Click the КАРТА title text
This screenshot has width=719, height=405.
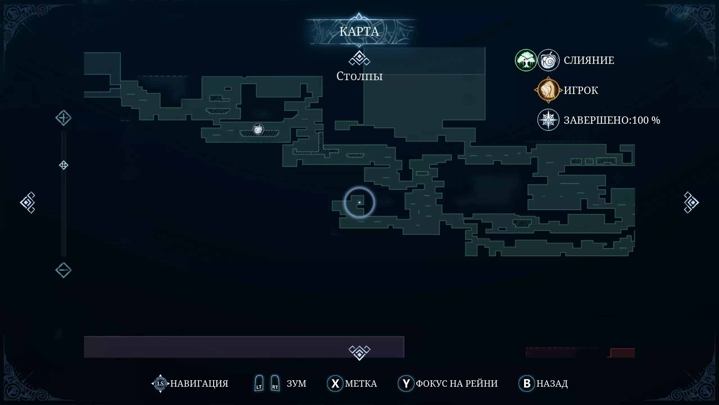coord(359,31)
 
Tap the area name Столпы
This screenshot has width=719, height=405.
coord(359,76)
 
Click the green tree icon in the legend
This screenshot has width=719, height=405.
coord(526,60)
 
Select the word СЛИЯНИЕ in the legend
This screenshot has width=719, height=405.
coord(589,60)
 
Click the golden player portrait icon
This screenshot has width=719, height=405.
coord(548,90)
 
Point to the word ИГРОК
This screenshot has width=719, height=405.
coord(581,90)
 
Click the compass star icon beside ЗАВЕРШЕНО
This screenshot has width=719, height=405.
coord(548,120)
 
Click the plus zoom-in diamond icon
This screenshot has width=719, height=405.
coord(63,118)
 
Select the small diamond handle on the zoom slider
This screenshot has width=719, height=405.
coord(64,165)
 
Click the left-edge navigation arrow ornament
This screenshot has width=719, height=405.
coord(28,202)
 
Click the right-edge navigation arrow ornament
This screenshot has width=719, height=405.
coord(691,202)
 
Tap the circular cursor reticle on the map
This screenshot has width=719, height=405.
coord(359,202)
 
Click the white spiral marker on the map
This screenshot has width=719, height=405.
coord(258,129)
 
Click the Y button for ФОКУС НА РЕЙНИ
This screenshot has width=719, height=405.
coord(406,383)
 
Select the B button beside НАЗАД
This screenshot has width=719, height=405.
coord(527,383)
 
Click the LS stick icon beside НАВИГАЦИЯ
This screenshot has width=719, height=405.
coord(160,383)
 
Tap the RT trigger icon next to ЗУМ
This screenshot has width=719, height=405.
coord(275,383)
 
